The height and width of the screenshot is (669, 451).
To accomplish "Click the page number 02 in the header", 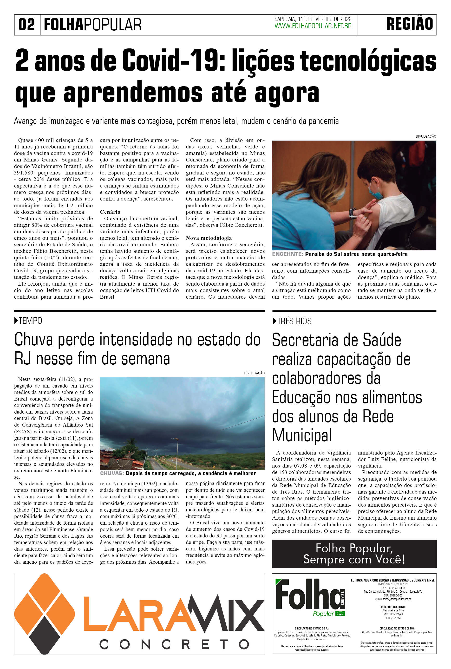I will click(26, 25).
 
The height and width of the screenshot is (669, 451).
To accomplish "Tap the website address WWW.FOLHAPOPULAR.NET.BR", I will click(313, 26).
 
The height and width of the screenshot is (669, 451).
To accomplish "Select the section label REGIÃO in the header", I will click(410, 24).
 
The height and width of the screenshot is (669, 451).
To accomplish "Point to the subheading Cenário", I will click(110, 212).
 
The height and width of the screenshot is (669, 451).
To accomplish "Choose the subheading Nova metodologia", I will click(209, 238).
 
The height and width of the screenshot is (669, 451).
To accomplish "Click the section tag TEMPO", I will click(30, 321).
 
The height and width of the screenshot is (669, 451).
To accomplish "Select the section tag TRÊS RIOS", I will click(294, 321).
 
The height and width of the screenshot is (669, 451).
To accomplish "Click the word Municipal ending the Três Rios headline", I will click(302, 435).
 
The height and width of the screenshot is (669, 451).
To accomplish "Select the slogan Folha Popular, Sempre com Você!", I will click(354, 554).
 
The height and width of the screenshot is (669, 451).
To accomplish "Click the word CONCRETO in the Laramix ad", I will click(174, 644).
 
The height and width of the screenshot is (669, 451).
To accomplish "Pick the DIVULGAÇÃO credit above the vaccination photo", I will click(426, 136).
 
